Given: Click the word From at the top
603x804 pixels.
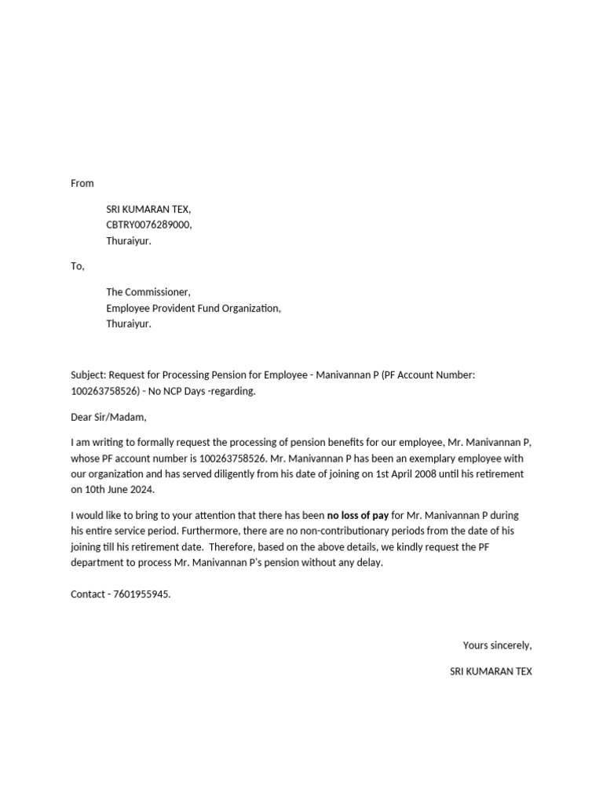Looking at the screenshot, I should pos(82,183).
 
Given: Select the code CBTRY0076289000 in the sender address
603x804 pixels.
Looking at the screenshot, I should pos(148,225).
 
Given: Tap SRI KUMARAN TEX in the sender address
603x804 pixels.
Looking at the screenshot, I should pos(148,209).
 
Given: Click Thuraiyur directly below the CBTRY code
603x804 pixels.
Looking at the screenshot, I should pos(129,241).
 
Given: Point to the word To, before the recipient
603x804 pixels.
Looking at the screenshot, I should pos(77,266).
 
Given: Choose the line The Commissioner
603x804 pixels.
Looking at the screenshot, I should pos(148,292).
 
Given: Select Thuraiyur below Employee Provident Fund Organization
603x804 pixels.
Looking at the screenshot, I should pos(129,323).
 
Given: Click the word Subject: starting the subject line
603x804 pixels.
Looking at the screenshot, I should pos(88,375).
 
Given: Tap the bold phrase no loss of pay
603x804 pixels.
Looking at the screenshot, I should pos(357,515).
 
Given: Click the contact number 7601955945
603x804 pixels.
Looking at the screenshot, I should pos(141,594).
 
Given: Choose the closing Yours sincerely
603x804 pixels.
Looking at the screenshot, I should pos(497,645).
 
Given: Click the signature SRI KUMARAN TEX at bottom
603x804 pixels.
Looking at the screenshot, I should pos(491,671).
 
